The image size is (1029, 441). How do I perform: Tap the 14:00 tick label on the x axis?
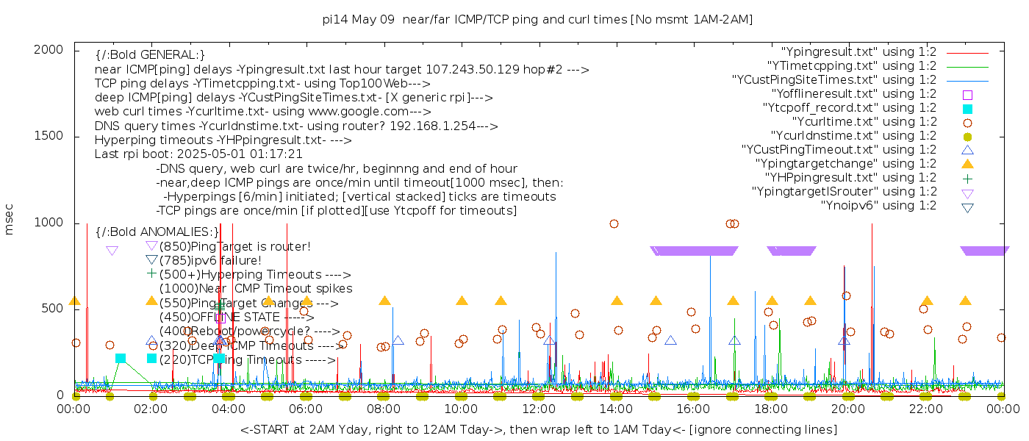[617, 409]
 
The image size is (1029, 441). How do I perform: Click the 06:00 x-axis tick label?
[306, 409]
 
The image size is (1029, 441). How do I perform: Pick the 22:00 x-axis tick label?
[926, 409]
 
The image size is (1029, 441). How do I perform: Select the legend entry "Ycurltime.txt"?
[864, 121]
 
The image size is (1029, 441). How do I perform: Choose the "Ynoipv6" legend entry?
[878, 205]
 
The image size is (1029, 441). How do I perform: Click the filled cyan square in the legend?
[967, 108]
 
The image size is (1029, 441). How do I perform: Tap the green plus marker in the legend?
[967, 178]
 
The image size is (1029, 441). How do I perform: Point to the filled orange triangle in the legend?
[967, 164]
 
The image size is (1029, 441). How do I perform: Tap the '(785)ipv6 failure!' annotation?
[210, 260]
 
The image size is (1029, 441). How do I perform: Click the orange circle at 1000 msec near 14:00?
[614, 223]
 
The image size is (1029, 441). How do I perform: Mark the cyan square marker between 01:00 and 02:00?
[121, 358]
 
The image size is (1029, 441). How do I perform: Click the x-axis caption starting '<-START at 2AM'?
[538, 429]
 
